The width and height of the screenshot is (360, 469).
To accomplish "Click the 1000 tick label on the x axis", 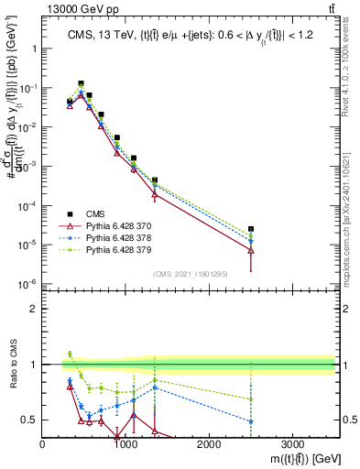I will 125,442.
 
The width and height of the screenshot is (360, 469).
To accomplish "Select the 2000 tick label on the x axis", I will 209,442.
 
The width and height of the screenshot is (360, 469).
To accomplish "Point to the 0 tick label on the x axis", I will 43,442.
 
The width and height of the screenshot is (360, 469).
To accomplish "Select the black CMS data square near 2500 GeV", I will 251,229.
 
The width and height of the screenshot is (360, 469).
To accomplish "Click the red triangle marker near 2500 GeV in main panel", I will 251,249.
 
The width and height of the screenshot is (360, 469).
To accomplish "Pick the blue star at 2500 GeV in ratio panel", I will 251,421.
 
